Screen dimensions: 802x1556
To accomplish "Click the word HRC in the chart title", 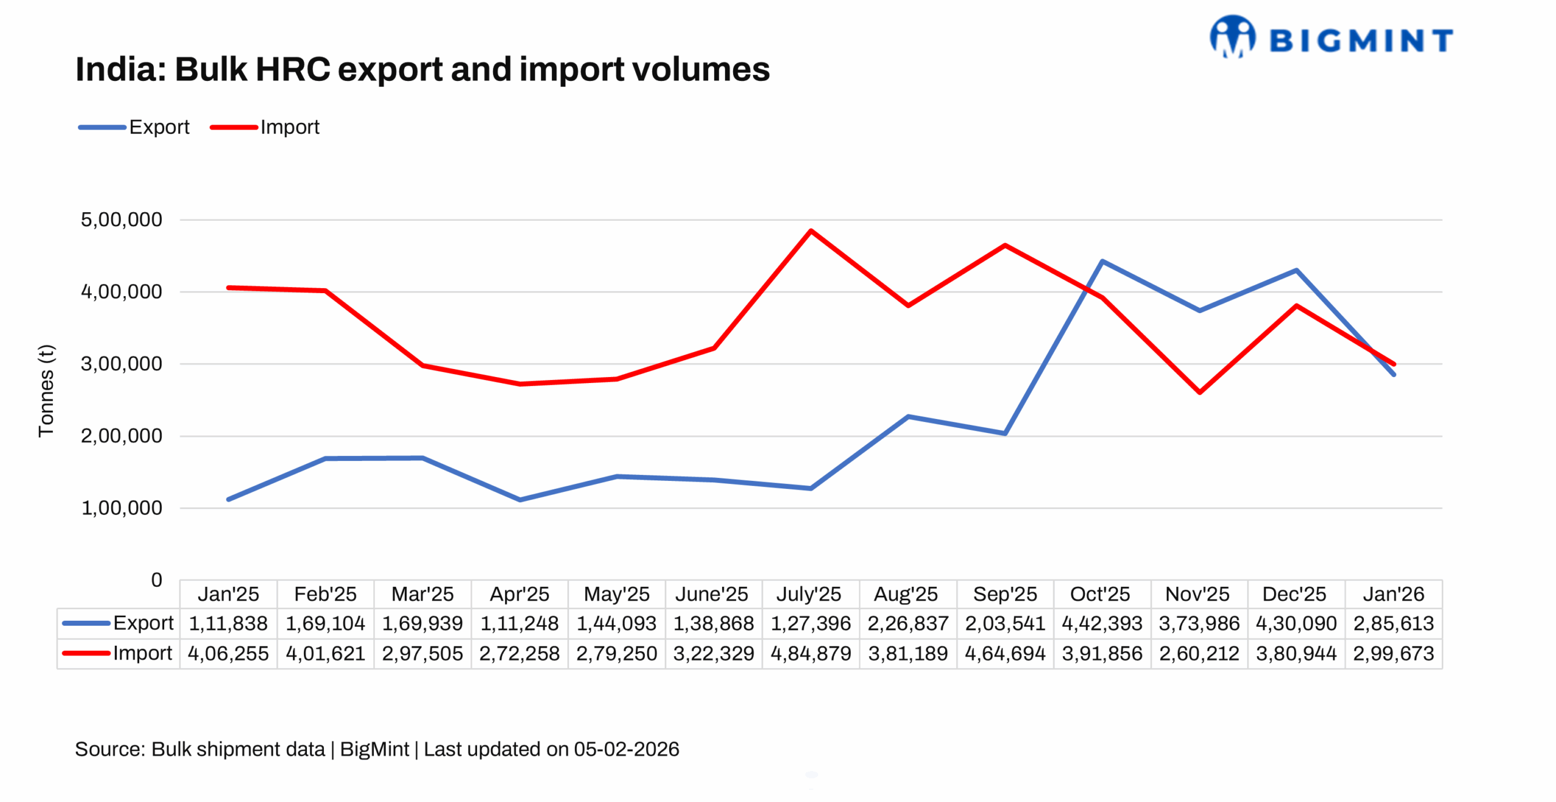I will click(x=292, y=69).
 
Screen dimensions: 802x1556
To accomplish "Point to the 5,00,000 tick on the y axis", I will click(x=121, y=220).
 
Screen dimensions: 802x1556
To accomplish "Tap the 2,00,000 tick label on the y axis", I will click(x=121, y=435).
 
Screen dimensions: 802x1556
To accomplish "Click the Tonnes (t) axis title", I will click(x=46, y=390).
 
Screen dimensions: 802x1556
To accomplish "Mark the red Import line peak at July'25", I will click(x=810, y=231).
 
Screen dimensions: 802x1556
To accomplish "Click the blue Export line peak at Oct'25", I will click(x=1101, y=261).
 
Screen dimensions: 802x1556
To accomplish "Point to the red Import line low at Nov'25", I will click(x=1199, y=392).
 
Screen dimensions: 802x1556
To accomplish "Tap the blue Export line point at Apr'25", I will click(x=520, y=499).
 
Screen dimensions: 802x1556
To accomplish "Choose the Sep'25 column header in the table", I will click(x=1004, y=593).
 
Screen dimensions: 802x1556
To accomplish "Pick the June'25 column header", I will click(x=712, y=593).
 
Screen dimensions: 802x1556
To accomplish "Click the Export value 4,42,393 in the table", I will click(x=1101, y=623).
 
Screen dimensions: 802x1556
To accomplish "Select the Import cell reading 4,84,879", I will click(x=810, y=653).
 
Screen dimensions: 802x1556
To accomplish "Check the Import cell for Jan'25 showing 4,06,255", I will click(x=228, y=653).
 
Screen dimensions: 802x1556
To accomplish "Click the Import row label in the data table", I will click(x=142, y=653).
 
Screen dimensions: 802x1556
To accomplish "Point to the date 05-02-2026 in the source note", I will click(x=626, y=748).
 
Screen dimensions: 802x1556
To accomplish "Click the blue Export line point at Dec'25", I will click(x=1296, y=270).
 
